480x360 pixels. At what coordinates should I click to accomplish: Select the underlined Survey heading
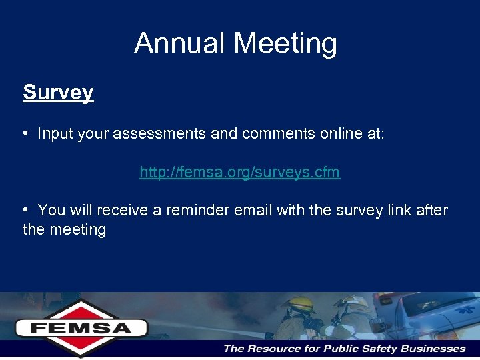coord(58,92)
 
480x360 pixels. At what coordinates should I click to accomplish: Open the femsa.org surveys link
coord(239,172)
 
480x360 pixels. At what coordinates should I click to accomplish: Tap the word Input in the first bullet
coord(54,133)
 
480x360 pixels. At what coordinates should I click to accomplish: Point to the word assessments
coord(159,133)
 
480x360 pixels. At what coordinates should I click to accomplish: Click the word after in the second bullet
coord(433,211)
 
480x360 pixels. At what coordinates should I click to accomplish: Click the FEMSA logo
coord(81,327)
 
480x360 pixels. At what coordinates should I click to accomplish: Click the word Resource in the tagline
coord(279,349)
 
